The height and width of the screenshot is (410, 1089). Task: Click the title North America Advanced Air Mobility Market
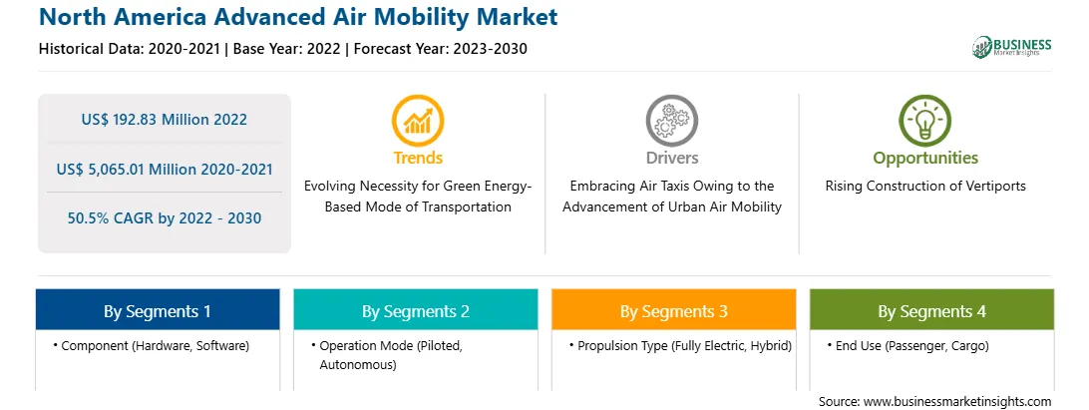[298, 17]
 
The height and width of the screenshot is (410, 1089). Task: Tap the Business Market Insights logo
[1012, 47]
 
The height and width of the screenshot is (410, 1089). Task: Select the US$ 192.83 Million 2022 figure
[164, 120]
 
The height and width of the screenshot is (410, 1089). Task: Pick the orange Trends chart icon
[418, 122]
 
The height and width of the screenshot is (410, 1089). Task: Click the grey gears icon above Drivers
[671, 122]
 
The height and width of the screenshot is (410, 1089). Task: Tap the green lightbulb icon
[925, 122]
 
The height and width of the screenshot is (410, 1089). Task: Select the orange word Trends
[418, 158]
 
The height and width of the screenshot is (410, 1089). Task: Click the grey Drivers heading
[671, 158]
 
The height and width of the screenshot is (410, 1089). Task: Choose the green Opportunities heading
[925, 159]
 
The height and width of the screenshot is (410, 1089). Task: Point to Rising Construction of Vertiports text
[925, 187]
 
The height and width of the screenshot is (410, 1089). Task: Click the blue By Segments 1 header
[158, 310]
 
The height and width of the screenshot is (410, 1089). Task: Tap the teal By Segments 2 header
[415, 310]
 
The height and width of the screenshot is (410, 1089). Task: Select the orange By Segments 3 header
[674, 310]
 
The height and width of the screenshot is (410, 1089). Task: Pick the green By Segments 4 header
[932, 310]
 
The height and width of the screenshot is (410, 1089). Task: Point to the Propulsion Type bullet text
[680, 345]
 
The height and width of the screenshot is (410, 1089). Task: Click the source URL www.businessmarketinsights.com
[956, 402]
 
